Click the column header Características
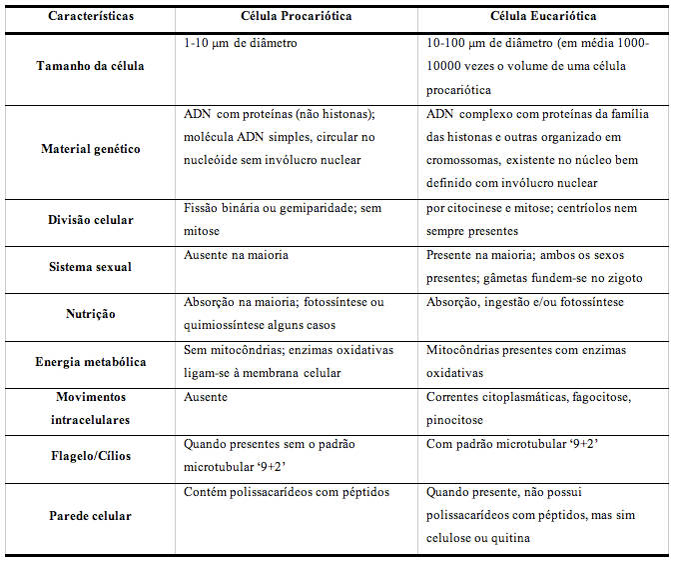[x=91, y=17]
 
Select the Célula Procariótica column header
[x=296, y=17]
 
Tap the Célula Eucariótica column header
[x=543, y=17]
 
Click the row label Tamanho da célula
[x=91, y=66]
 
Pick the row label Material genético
[x=91, y=149]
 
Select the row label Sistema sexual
[x=91, y=267]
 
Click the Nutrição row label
[x=91, y=313]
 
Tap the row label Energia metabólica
[x=91, y=362]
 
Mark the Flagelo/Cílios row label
[x=91, y=456]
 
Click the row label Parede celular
[x=91, y=516]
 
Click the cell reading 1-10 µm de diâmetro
[x=241, y=45]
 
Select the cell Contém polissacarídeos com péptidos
[x=287, y=492]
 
